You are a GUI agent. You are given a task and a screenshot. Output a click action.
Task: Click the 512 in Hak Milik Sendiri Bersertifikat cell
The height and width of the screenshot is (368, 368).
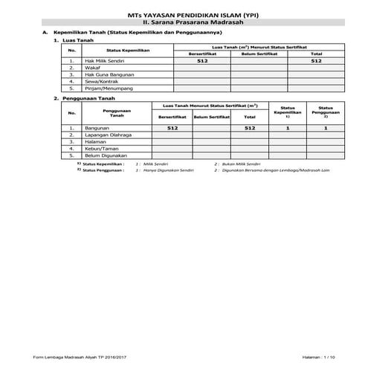[201, 61]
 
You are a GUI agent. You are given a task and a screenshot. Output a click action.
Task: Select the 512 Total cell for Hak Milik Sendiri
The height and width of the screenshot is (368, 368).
[317, 61]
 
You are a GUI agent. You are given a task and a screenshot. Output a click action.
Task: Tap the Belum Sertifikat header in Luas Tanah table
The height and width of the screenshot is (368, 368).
[259, 54]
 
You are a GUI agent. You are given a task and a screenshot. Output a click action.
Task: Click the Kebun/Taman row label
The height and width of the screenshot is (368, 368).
[102, 149]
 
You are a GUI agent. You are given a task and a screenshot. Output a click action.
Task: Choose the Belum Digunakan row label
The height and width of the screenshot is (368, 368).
[106, 155]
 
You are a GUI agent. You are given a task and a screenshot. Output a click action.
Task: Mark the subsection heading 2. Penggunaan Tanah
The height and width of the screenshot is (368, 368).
[85, 98]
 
